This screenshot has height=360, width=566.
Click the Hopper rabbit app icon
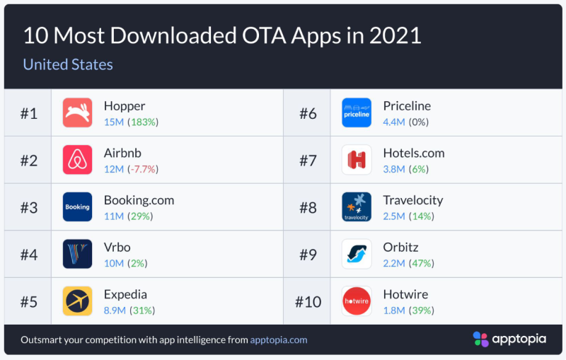[x=77, y=112]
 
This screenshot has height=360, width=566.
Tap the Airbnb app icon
[x=77, y=160]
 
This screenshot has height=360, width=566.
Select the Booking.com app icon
[x=77, y=207]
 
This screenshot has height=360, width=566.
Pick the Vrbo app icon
[x=77, y=254]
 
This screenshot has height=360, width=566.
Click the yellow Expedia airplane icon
[x=77, y=301]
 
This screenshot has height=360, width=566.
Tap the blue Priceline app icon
[x=356, y=112]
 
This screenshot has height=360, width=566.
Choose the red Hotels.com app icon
[x=356, y=160]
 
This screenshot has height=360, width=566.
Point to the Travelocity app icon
[x=356, y=207]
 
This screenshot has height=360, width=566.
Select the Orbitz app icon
[x=356, y=254]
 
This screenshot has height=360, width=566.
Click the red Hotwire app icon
[x=356, y=301]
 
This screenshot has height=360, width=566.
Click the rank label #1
[x=28, y=113]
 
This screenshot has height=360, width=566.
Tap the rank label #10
[x=308, y=302]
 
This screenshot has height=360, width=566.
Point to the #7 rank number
[x=308, y=161]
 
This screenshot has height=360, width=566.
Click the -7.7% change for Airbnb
[x=142, y=169]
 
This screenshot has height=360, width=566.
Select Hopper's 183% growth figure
[x=144, y=122]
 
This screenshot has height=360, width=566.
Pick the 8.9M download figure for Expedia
[x=115, y=310]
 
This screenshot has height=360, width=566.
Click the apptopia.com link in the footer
[x=279, y=339]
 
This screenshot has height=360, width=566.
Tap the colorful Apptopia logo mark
[x=480, y=339]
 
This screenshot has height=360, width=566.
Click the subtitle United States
[x=68, y=64]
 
